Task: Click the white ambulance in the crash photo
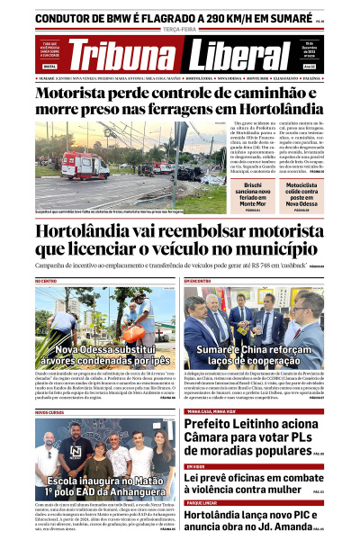(85, 165)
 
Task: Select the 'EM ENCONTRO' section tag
(197, 281)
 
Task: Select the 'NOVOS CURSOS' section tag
(50, 412)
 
